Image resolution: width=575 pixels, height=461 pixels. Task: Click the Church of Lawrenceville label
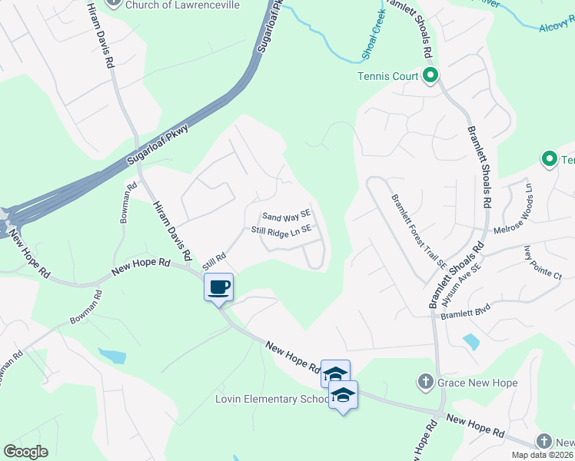(x=183, y=5)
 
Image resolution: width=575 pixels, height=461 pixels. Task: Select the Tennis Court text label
(x=387, y=76)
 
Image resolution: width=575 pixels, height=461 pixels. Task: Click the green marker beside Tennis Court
(x=430, y=75)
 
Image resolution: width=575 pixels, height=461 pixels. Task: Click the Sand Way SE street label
(x=285, y=217)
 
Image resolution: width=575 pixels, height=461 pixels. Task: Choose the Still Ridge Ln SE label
(x=281, y=230)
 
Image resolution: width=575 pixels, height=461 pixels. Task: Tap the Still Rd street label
(x=213, y=261)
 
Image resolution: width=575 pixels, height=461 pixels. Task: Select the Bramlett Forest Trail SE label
(x=418, y=230)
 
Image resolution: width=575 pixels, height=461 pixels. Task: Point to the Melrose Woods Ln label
(x=528, y=202)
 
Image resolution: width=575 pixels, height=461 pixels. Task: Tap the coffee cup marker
(x=219, y=287)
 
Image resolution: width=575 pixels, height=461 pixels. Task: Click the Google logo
(x=25, y=452)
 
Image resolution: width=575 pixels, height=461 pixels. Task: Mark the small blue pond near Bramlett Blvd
(x=471, y=339)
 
